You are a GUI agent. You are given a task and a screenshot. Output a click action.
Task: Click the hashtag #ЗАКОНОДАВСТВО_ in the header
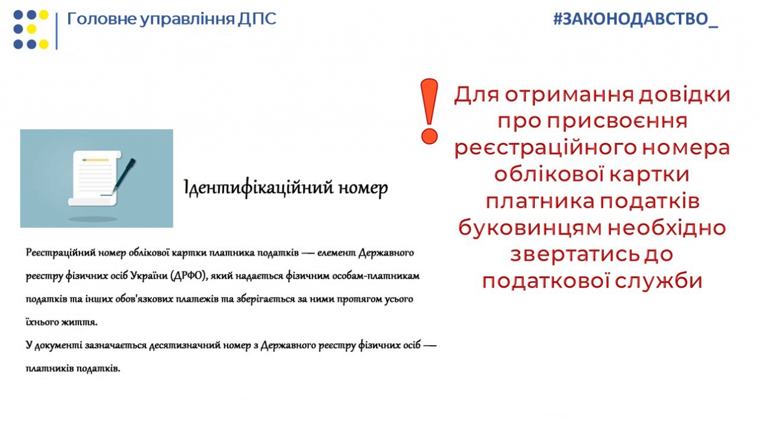point(635,19)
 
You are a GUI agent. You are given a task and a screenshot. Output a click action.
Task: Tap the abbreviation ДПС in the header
point(256,19)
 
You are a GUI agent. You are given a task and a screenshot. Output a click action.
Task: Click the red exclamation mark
point(429,111)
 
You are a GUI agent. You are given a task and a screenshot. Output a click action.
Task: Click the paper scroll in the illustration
point(95,178)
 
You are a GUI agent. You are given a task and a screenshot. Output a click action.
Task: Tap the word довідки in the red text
point(684,94)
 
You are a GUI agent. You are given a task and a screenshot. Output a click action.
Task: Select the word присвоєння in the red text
point(617,121)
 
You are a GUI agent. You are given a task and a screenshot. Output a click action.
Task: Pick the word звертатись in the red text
point(574,255)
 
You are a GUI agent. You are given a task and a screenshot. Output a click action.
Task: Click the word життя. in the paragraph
point(79,322)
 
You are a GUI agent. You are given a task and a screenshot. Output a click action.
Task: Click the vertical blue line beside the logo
point(57,31)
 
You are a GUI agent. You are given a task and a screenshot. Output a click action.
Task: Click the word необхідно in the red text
point(666,228)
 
